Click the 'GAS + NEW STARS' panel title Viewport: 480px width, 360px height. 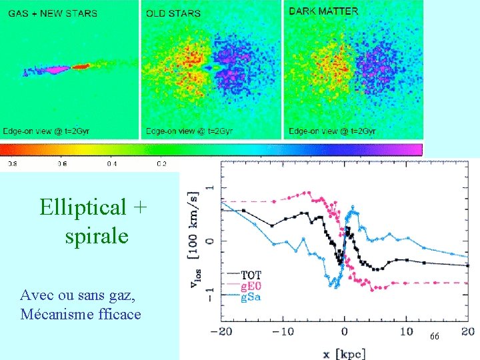pos(53,13)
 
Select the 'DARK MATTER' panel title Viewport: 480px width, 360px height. pos(323,11)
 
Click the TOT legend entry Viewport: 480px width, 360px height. pos(251,275)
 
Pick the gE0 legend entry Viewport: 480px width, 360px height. pos(251,286)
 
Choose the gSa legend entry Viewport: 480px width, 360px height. pos(251,297)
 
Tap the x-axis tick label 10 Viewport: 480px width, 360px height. pos(405,331)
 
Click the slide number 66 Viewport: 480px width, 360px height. pos(434,337)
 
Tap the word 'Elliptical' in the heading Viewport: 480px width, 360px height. pos(82,207)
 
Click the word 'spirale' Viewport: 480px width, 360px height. pos(97,236)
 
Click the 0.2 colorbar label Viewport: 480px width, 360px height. pos(161,163)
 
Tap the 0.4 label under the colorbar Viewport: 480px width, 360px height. pos(112,163)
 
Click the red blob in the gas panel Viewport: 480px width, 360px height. pos(81,67)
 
